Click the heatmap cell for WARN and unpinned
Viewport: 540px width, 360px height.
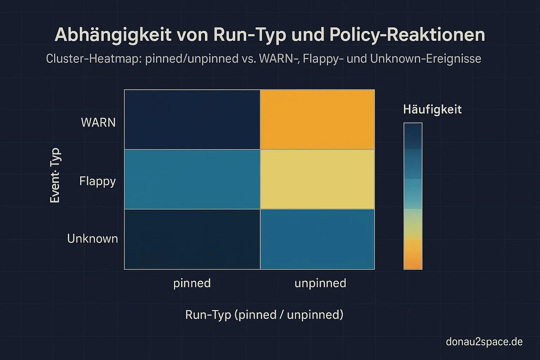tap(317, 120)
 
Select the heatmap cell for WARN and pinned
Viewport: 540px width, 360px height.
tap(192, 120)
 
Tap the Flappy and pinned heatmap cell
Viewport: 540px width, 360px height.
tap(192, 179)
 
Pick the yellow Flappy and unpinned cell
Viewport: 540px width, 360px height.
tap(317, 179)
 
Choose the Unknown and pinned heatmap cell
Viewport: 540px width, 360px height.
tap(192, 239)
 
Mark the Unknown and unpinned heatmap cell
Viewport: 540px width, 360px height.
tap(317, 239)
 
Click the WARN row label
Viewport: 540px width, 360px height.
tap(98, 122)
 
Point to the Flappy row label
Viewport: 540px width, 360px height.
tap(97, 181)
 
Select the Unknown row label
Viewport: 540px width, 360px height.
tap(92, 239)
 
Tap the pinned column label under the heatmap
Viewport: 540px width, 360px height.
tap(192, 283)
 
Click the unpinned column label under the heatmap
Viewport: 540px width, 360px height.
tap(320, 283)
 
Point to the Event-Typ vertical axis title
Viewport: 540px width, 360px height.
tap(55, 175)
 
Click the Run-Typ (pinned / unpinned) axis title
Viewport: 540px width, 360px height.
tap(264, 314)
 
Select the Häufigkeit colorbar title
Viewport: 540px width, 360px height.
tap(432, 109)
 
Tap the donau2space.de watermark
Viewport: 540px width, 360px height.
tap(484, 341)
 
